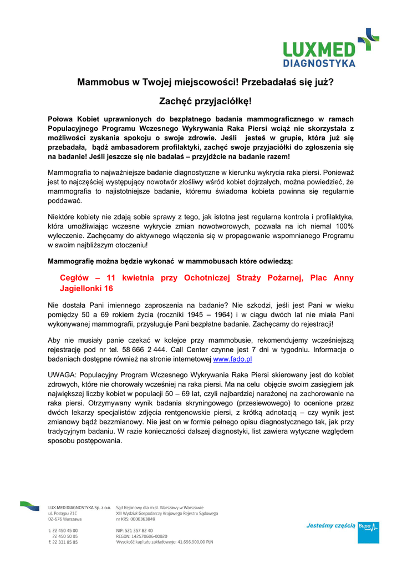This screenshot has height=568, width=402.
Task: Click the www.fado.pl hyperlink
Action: [232, 359]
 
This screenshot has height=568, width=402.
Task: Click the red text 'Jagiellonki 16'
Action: [86, 288]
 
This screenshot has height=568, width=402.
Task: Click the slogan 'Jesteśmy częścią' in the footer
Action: [330, 526]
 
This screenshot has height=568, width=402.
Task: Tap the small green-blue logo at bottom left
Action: [29, 505]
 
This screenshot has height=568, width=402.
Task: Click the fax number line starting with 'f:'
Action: [62, 542]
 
